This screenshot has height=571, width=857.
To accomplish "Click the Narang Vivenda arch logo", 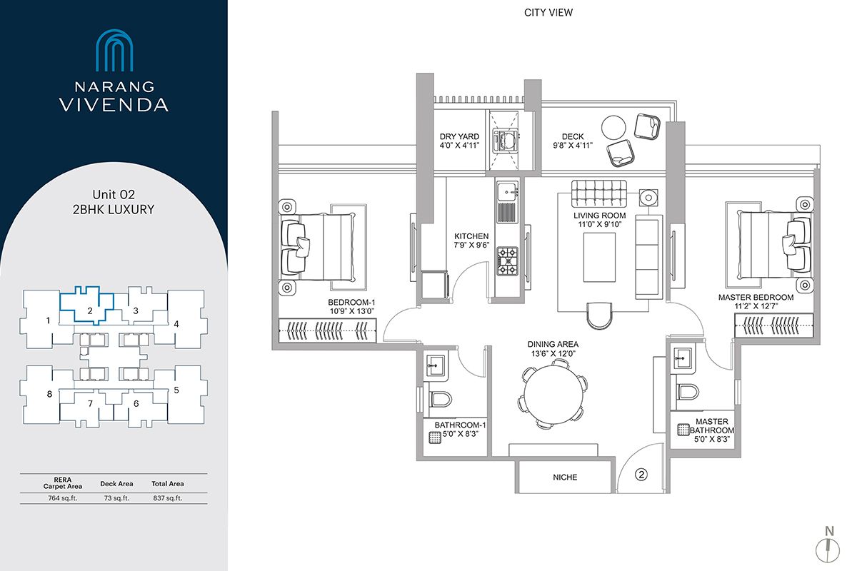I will [114, 51].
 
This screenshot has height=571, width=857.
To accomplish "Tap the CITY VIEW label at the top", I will [548, 13].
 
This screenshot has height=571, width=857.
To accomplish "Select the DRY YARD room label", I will [459, 136].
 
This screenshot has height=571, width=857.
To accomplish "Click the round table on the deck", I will [613, 128].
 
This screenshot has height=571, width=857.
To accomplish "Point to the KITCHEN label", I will [471, 236].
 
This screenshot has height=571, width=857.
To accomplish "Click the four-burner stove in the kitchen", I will [508, 261].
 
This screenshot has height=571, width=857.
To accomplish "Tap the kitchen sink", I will [507, 191].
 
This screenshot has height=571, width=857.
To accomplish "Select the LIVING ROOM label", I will [600, 216].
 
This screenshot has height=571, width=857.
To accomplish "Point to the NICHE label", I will [564, 477].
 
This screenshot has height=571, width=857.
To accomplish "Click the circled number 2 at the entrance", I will [641, 473].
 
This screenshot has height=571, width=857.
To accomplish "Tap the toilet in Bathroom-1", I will [437, 400].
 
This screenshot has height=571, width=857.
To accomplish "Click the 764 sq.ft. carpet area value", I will [53, 498].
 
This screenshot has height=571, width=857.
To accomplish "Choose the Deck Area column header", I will [116, 484].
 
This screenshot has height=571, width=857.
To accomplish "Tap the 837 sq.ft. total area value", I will [168, 498].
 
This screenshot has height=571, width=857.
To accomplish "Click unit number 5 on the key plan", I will [176, 390].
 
